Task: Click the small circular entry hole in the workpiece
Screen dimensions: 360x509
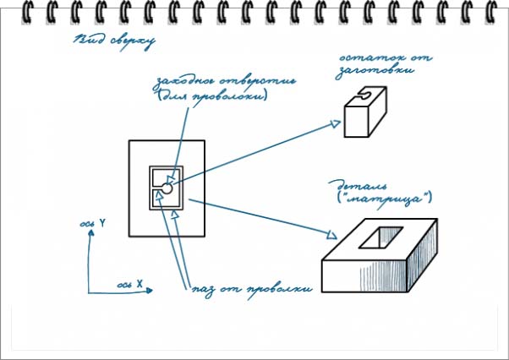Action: pyautogui.click(x=167, y=189)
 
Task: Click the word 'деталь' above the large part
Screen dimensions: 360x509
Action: pyautogui.click(x=350, y=183)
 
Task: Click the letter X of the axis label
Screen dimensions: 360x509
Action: pyautogui.click(x=139, y=280)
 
